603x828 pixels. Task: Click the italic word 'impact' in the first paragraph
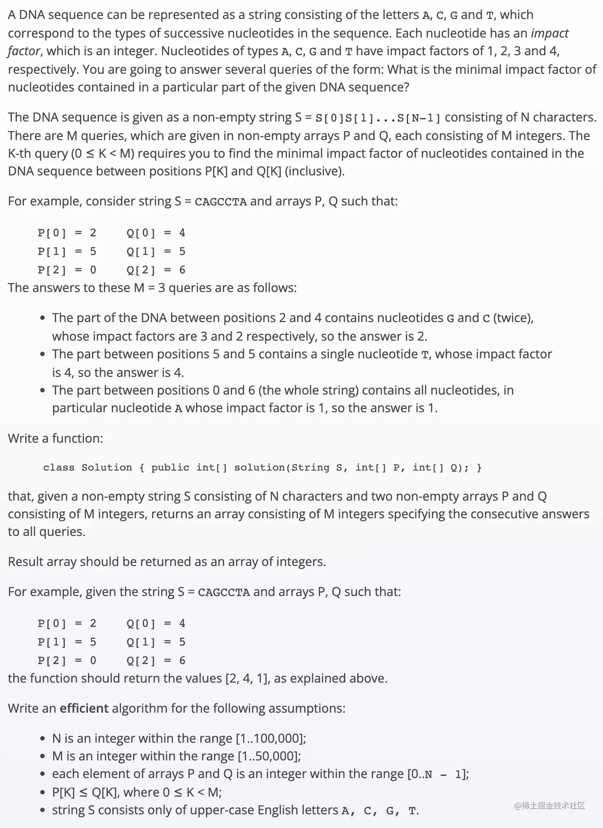(x=550, y=33)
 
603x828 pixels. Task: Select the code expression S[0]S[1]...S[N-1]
(x=378, y=118)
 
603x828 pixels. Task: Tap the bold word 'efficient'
(x=84, y=708)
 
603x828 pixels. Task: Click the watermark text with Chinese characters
(x=550, y=805)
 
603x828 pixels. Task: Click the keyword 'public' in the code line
(x=170, y=467)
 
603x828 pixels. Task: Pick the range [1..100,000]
(x=270, y=738)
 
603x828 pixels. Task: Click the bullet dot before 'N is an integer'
(x=42, y=739)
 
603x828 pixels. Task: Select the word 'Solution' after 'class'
(x=107, y=467)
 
